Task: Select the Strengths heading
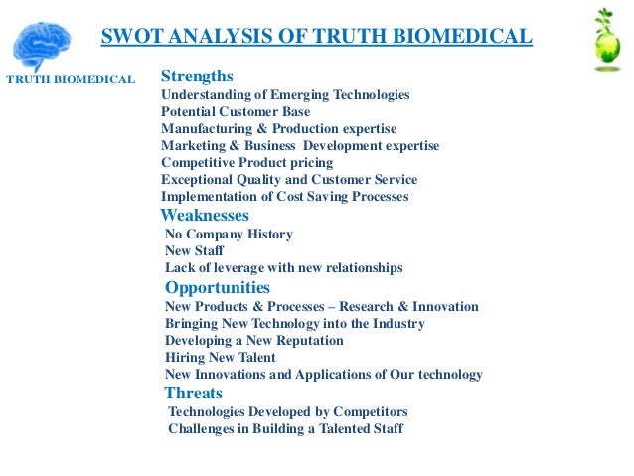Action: tap(197, 76)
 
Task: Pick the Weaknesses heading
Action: tap(205, 215)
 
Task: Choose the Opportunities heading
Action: tap(218, 288)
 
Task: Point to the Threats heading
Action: tap(193, 394)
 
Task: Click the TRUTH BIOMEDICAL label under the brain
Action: tap(71, 79)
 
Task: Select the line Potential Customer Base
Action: tap(236, 112)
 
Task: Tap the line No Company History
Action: tap(229, 235)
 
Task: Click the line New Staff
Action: tap(193, 251)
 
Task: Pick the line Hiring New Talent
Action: tap(221, 358)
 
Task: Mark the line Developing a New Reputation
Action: tap(254, 341)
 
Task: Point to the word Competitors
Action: tap(369, 411)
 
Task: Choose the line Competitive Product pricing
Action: tap(247, 163)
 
